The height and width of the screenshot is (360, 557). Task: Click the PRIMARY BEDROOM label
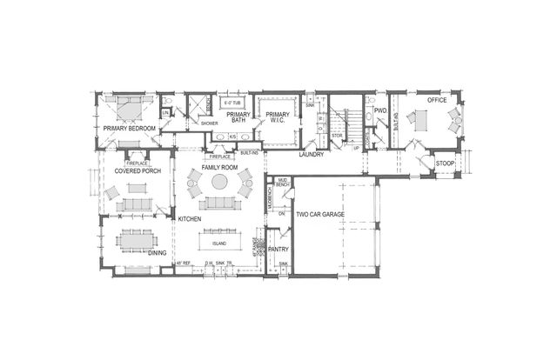tap(129, 129)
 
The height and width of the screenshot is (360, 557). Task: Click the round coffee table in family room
tap(220, 183)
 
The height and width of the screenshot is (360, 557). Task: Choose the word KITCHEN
tap(191, 219)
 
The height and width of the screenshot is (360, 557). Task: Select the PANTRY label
tap(278, 249)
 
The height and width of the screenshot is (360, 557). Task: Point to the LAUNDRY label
tap(312, 155)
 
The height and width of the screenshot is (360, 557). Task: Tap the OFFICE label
tap(437, 101)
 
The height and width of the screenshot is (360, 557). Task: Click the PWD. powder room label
tap(379, 110)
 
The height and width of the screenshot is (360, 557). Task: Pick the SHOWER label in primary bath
tap(209, 123)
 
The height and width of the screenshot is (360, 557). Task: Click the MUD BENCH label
tap(283, 183)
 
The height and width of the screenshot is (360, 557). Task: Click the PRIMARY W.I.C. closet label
tap(278, 117)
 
